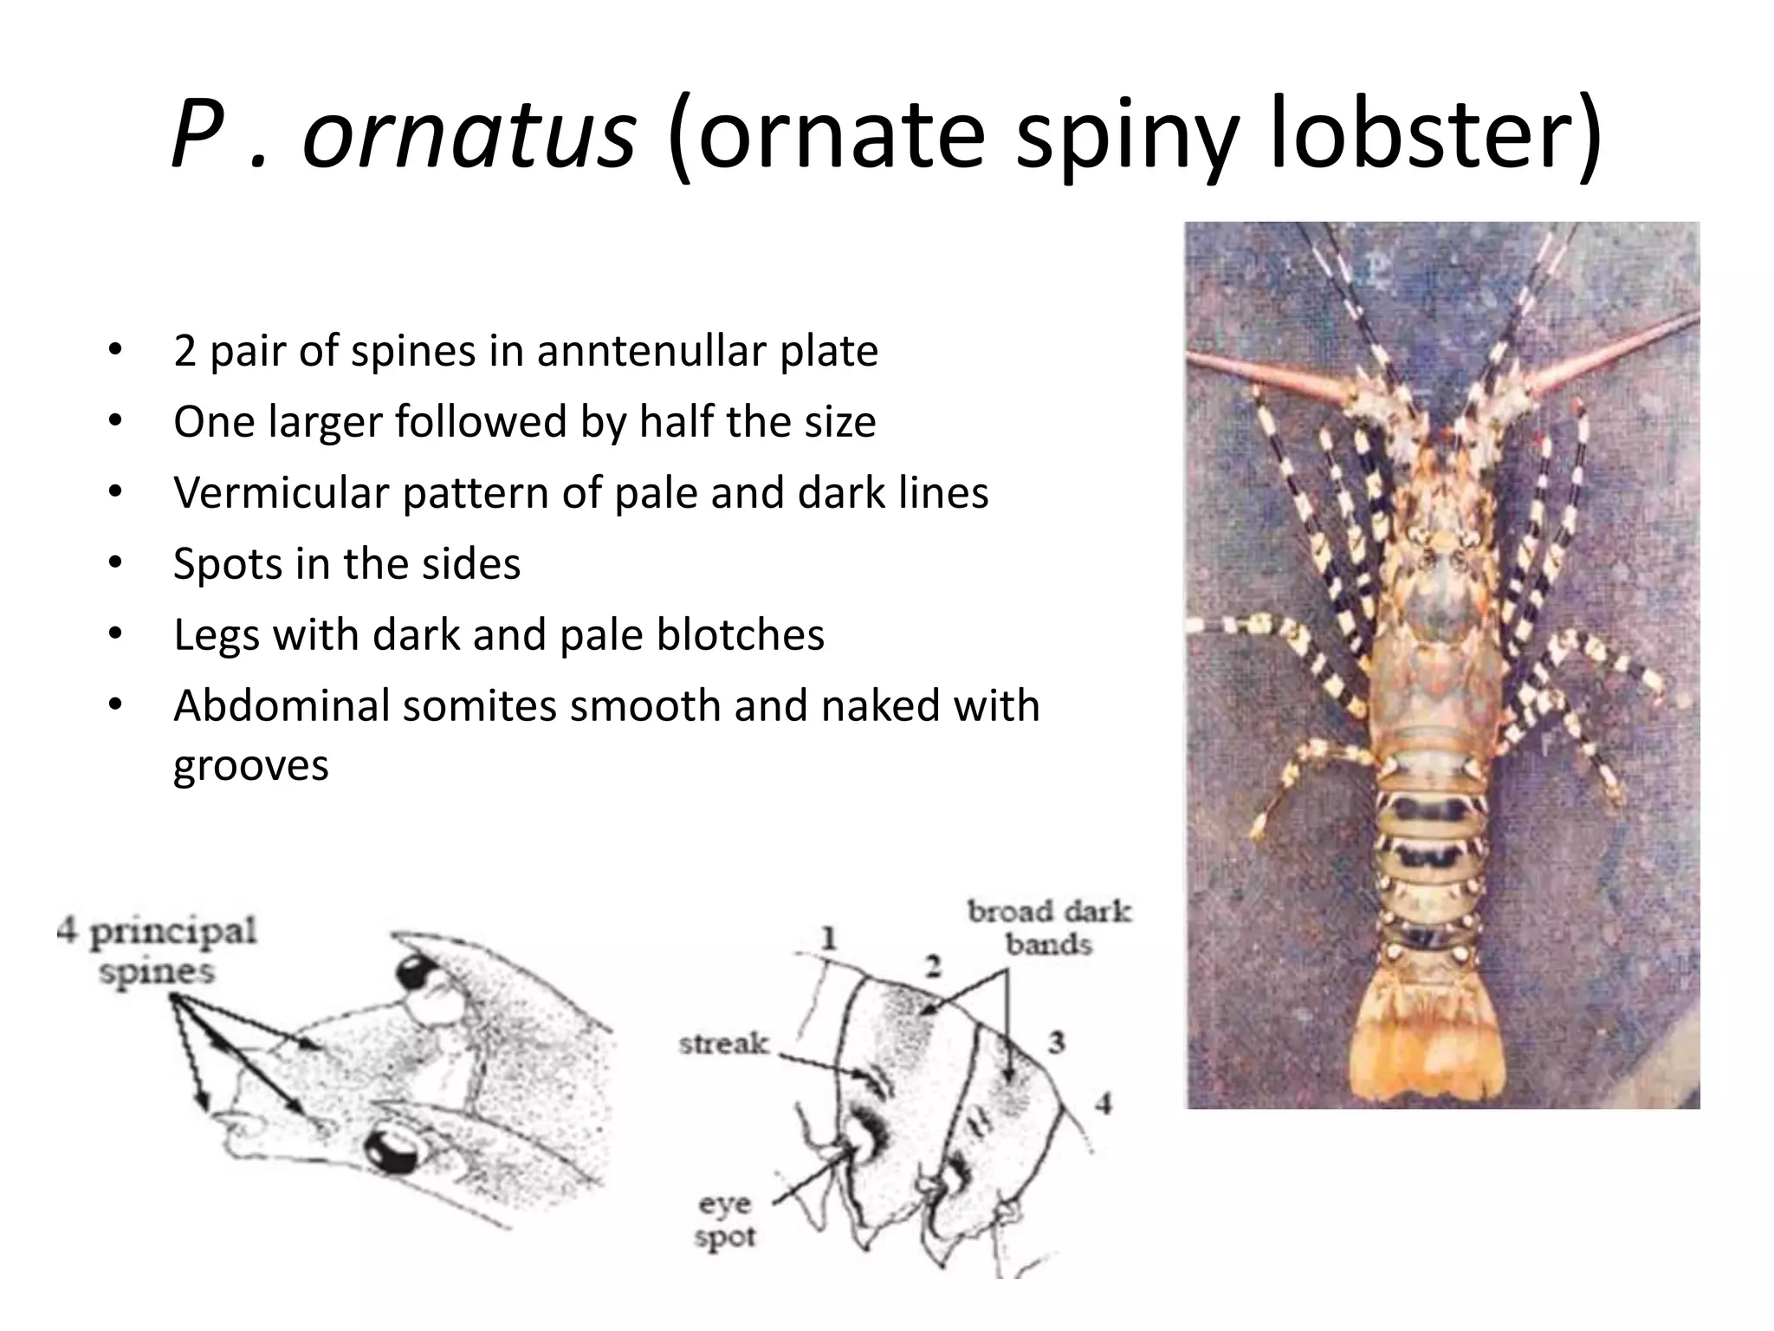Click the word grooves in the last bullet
[251, 766]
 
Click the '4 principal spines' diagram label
[157, 951]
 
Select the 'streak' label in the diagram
[723, 1043]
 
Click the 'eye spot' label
[725, 1220]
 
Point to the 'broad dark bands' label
[1049, 927]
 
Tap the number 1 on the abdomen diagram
[829, 938]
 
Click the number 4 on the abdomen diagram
[1102, 1104]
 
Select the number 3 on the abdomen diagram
[1056, 1042]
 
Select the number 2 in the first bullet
[185, 352]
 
